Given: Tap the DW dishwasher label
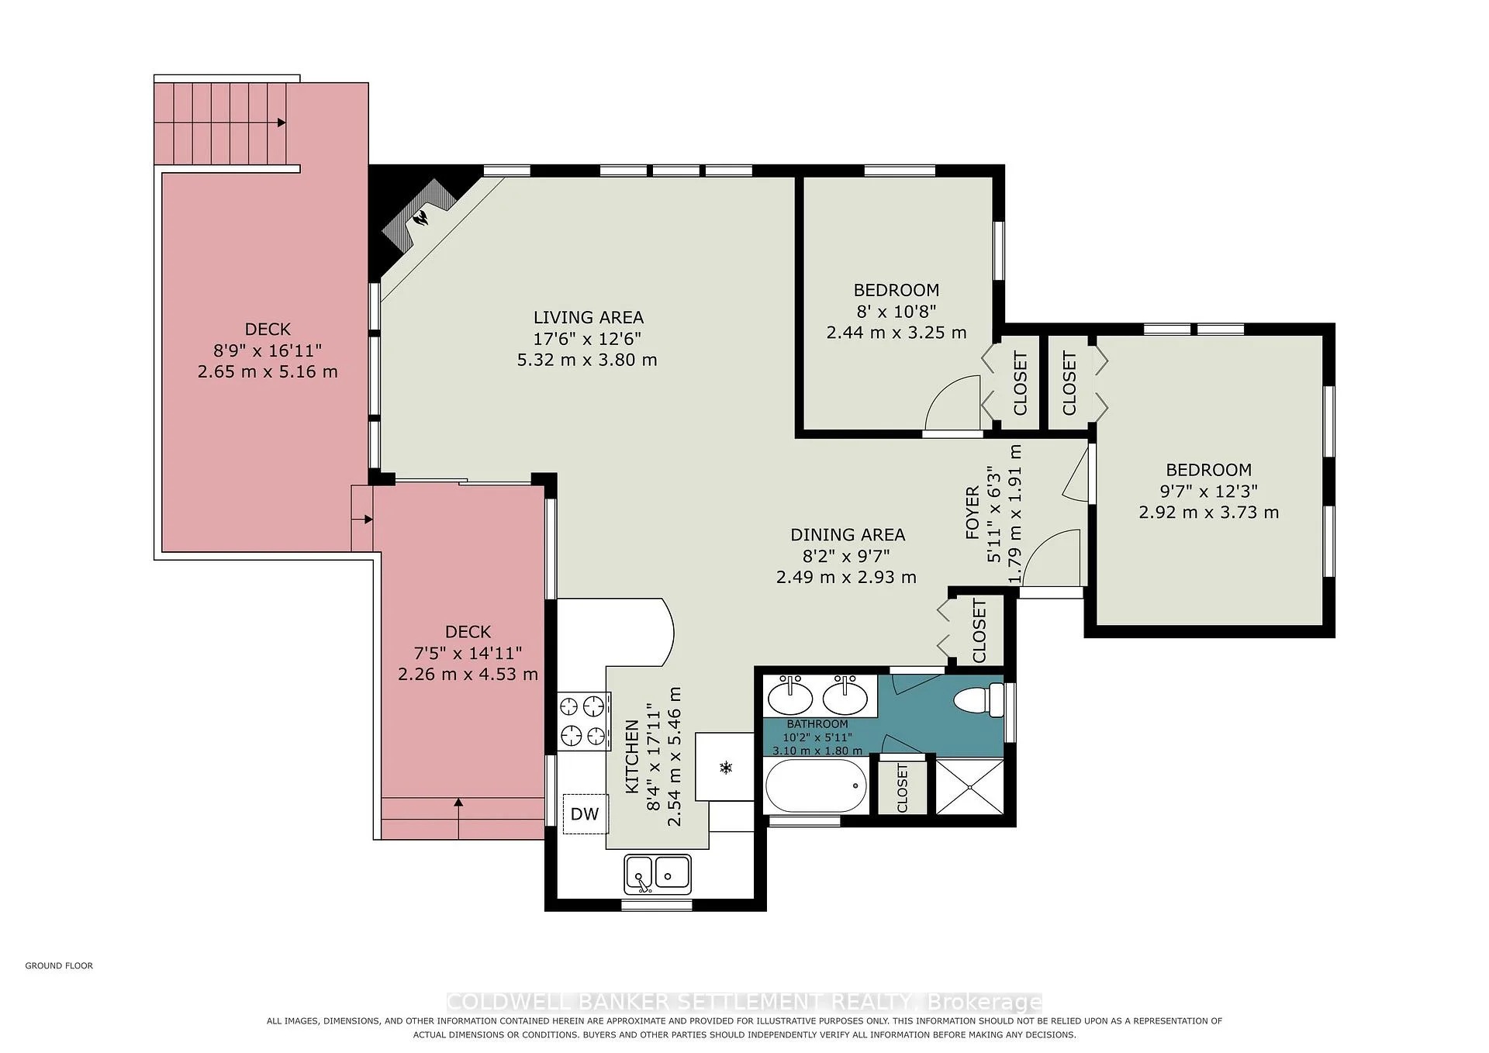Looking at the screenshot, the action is (585, 813).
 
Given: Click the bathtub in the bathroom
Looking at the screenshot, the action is (816, 785).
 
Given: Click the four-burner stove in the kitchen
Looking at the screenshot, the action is (582, 720).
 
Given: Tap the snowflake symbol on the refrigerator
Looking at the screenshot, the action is (726, 768).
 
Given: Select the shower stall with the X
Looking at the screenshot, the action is (969, 786).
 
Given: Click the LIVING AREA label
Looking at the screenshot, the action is (589, 317).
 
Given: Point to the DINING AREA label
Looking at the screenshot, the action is (848, 534).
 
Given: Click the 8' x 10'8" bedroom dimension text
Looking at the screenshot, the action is (897, 311).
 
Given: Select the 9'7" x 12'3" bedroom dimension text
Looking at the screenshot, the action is (1208, 491).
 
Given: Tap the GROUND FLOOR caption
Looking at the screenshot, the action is (59, 965).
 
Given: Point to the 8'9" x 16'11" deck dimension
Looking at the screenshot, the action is (268, 350).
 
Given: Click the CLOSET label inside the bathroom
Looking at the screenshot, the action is (902, 788).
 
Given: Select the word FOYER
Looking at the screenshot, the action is (972, 513).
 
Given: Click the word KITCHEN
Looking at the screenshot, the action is (632, 757).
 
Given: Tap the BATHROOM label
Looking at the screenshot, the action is (817, 723).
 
